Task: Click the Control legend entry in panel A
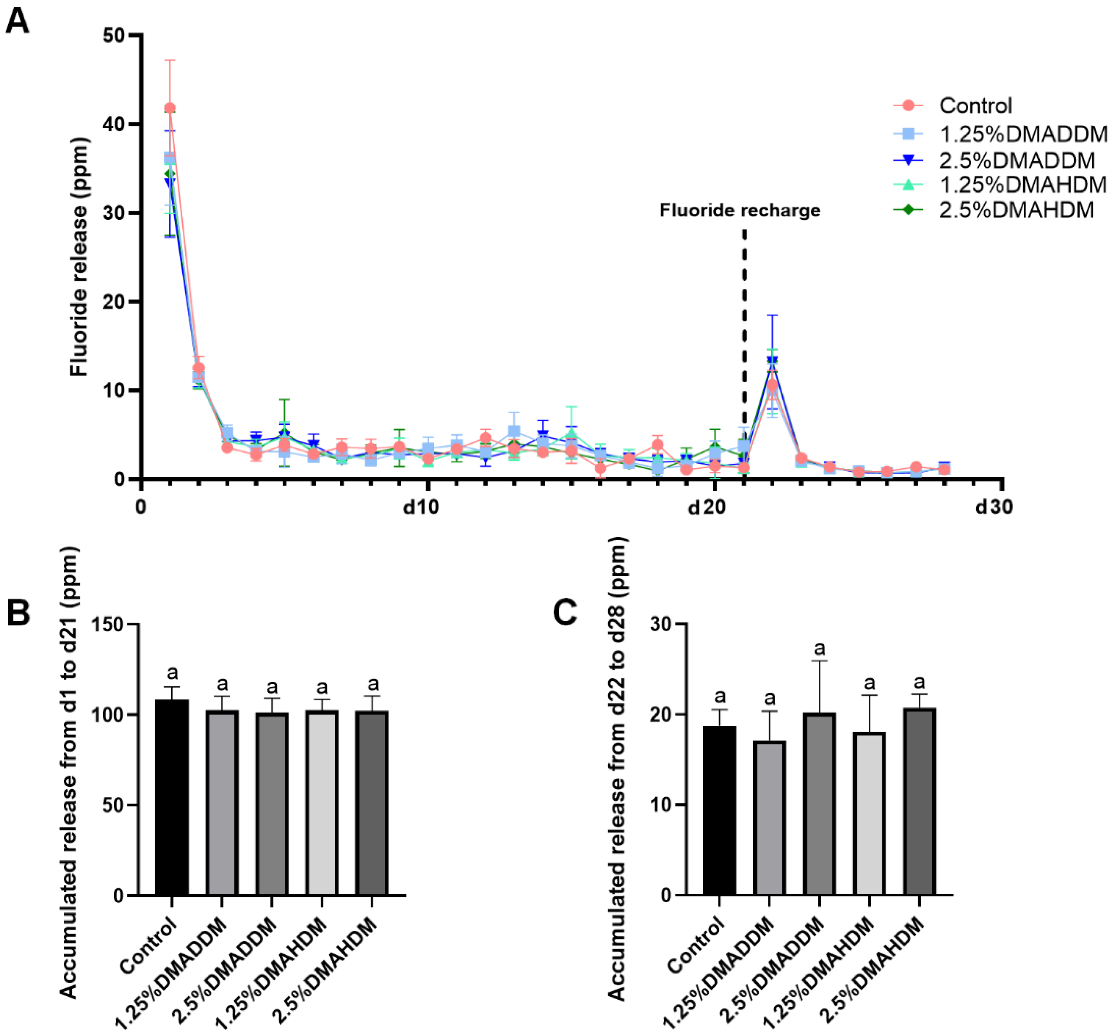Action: pos(976,105)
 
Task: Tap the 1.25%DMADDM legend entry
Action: pos(1023,134)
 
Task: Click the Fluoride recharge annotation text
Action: pos(739,211)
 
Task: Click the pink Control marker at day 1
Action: pos(170,108)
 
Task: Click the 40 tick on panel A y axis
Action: pos(115,125)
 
